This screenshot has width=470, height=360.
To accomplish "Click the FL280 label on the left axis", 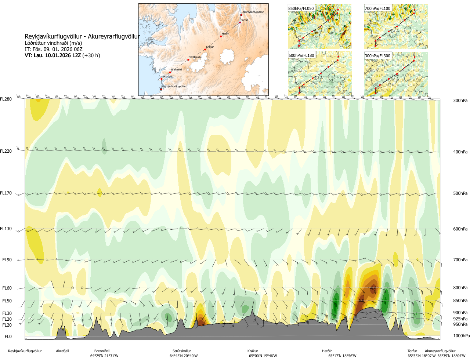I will pyautogui.click(x=6, y=99).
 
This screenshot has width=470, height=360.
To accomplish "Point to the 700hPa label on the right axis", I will pyautogui.click(x=460, y=260).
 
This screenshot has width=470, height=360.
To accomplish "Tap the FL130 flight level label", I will pyautogui.click(x=6, y=229).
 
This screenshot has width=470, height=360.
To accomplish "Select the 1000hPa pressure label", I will pyautogui.click(x=461, y=336).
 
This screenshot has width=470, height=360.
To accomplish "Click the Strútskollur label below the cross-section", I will pyautogui.click(x=182, y=351).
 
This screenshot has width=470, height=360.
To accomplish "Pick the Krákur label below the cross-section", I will pyautogui.click(x=253, y=351).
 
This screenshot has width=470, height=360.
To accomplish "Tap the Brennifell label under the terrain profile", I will pyautogui.click(x=102, y=351).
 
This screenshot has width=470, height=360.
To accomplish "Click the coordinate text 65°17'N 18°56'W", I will pyautogui.click(x=342, y=356).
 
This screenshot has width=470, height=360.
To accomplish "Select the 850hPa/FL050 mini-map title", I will pyautogui.click(x=301, y=8).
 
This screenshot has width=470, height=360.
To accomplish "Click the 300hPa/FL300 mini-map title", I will pyautogui.click(x=377, y=56).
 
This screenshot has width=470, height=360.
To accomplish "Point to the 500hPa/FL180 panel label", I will pyautogui.click(x=301, y=56).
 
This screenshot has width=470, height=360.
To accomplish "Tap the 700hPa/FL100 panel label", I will pyautogui.click(x=377, y=8).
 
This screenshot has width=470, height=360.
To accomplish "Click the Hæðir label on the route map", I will pyautogui.click(x=225, y=34).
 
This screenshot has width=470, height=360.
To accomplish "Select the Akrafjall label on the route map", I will pyautogui.click(x=167, y=77).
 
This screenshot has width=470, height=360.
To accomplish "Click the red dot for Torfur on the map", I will pyautogui.click(x=240, y=23).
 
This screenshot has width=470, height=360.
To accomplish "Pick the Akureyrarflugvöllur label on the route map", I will pyautogui.click(x=253, y=12).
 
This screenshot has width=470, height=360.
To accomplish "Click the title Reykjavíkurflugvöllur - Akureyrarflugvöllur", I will pyautogui.click(x=82, y=36).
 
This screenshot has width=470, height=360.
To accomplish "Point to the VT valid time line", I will pyautogui.click(x=62, y=55).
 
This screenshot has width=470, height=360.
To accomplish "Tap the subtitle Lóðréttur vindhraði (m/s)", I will pyautogui.click(x=53, y=43).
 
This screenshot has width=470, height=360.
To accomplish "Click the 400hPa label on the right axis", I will pyautogui.click(x=460, y=152).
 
